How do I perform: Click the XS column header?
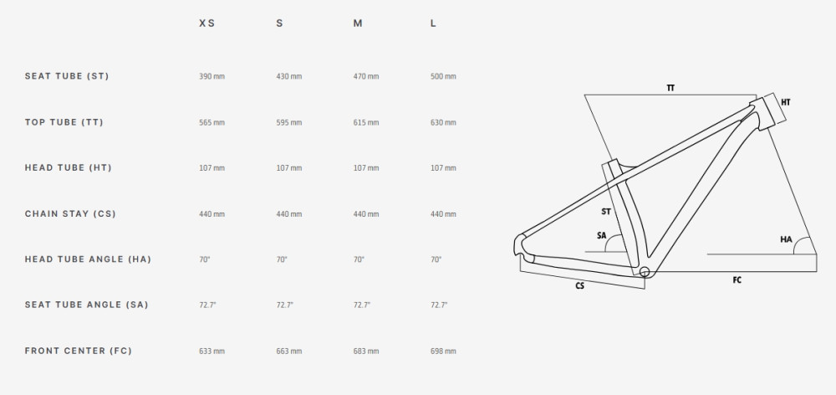click(206, 23)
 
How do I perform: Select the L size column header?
click(433, 23)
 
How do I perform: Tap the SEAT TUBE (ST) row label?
click(67, 76)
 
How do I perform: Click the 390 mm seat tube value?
click(212, 76)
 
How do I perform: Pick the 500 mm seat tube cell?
click(443, 76)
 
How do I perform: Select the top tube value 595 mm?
click(289, 123)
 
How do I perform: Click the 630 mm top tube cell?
click(443, 123)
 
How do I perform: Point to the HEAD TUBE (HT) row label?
click(69, 167)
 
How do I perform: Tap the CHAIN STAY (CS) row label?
click(70, 214)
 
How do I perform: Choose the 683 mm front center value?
click(366, 351)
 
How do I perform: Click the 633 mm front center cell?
click(212, 351)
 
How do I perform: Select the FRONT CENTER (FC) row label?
click(79, 351)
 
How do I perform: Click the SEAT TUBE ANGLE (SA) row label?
click(86, 305)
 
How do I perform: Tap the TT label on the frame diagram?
click(670, 88)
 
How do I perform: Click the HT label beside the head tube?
click(785, 102)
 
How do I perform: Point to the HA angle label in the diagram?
click(786, 239)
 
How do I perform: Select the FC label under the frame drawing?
click(737, 280)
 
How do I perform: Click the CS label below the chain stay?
click(579, 286)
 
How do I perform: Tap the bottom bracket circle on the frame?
click(645, 272)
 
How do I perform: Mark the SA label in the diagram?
click(601, 235)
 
